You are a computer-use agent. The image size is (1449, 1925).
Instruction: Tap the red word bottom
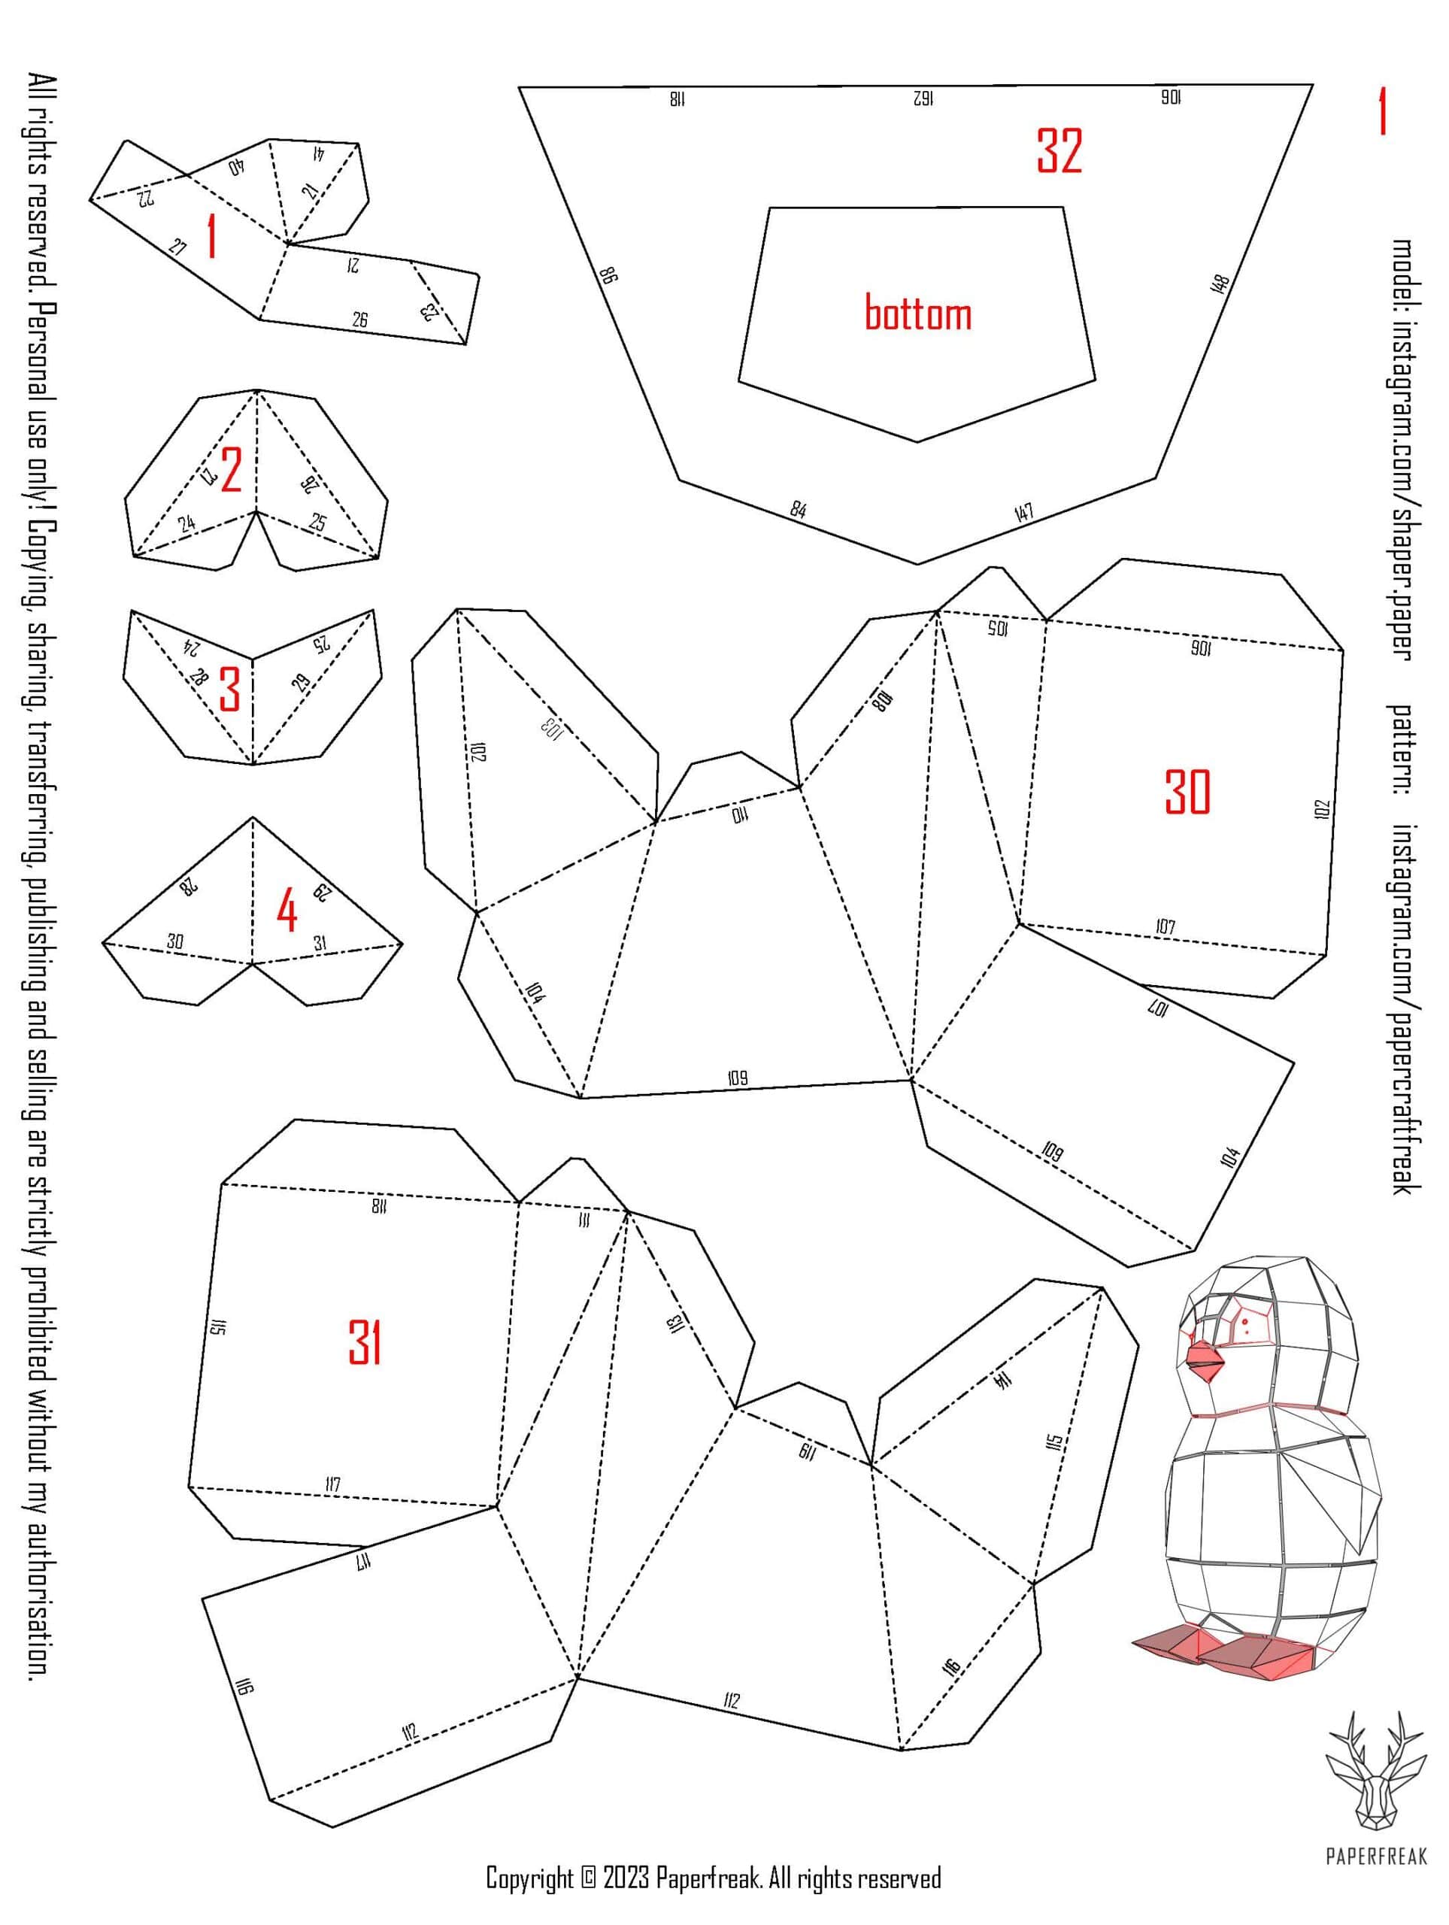[x=917, y=311]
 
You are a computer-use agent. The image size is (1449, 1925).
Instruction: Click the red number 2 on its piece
[x=231, y=471]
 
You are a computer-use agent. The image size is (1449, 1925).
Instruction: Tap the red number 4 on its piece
[x=286, y=912]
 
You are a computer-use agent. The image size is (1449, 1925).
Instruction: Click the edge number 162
[x=923, y=99]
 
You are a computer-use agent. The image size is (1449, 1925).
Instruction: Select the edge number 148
[x=1219, y=284]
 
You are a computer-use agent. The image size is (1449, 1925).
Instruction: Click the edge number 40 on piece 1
[x=236, y=168]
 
